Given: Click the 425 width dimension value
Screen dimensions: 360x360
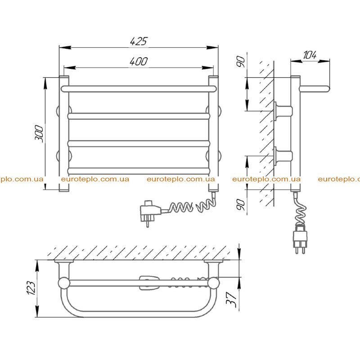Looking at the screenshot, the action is [x=139, y=41].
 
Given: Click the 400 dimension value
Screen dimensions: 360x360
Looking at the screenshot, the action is [x=139, y=62].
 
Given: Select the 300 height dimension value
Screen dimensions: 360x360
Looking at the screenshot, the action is [x=39, y=134].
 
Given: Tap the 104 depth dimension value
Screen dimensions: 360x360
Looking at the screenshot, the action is [x=310, y=55].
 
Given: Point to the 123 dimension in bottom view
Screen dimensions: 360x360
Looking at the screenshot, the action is [x=31, y=288].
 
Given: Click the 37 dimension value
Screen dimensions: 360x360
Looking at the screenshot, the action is [x=231, y=300].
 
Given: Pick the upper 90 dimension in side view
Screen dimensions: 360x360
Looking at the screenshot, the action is [x=241, y=61].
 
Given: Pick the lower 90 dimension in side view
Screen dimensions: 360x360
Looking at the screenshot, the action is [x=241, y=205].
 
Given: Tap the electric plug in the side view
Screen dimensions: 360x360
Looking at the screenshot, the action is [x=300, y=239].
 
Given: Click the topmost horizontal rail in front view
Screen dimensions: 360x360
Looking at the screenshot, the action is [x=139, y=89].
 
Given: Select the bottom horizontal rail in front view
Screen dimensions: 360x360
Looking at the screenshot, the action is [x=139, y=171].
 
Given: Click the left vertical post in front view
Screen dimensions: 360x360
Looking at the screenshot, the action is [x=64, y=134].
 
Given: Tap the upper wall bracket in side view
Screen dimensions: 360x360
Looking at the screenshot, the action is [x=283, y=111].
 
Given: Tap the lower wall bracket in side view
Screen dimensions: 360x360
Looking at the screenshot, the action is [x=283, y=156].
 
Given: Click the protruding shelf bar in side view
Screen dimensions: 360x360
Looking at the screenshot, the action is [x=315, y=89].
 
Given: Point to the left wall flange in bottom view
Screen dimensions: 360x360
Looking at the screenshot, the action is [x=64, y=261].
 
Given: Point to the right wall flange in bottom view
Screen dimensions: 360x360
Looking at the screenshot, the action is [x=213, y=261].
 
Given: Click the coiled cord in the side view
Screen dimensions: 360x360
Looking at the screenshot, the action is [x=300, y=209].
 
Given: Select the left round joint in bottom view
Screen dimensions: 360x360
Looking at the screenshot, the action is [x=64, y=283].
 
